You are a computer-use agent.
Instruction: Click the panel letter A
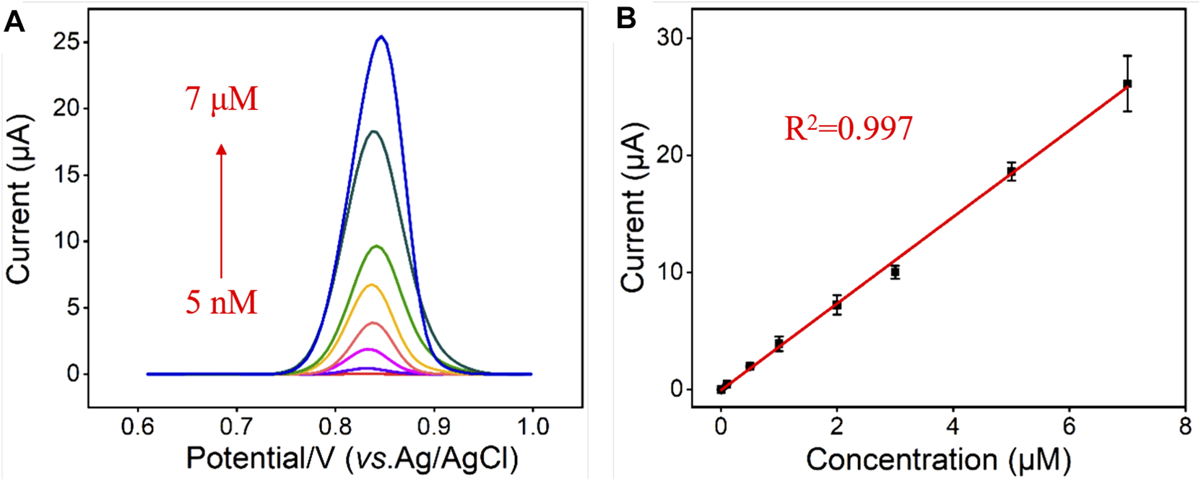click(x=14, y=22)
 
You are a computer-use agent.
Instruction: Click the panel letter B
click(x=626, y=19)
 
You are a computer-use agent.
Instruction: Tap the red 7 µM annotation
click(x=222, y=100)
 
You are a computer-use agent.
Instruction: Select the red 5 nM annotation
click(x=221, y=303)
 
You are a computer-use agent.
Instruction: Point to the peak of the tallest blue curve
click(x=381, y=37)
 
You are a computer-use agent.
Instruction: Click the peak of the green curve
click(x=376, y=246)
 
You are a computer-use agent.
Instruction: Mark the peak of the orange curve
click(x=372, y=285)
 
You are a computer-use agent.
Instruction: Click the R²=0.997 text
click(x=849, y=129)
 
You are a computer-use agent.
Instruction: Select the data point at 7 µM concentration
click(x=1127, y=84)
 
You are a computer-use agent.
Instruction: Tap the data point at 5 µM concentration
click(x=1011, y=171)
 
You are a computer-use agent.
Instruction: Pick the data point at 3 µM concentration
click(x=895, y=272)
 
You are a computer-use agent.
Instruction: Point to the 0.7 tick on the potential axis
click(x=236, y=426)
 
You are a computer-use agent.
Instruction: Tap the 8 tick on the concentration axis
click(x=1184, y=426)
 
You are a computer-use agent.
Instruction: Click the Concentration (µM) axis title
click(x=937, y=459)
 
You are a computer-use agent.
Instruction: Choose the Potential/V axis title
click(x=352, y=459)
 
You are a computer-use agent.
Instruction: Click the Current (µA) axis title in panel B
click(x=633, y=209)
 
